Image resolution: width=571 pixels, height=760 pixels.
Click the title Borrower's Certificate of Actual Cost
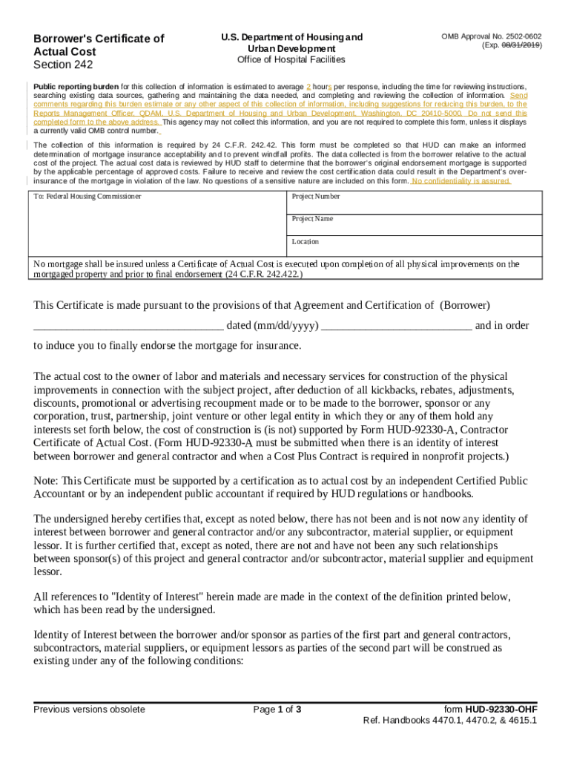98,45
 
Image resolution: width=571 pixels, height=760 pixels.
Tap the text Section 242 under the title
63,65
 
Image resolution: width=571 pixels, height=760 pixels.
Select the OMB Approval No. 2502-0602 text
491,36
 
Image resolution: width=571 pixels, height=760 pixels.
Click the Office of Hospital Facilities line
291,59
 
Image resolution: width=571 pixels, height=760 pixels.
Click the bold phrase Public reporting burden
76,87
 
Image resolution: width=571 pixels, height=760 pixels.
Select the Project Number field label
316,197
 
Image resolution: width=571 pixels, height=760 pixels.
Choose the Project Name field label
312,219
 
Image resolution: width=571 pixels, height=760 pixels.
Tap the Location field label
306,241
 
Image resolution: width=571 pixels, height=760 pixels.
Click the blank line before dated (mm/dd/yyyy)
128,326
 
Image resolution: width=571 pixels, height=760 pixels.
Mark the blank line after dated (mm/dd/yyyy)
397,326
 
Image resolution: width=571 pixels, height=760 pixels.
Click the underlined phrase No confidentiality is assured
461,180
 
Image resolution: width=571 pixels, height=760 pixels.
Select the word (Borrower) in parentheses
465,305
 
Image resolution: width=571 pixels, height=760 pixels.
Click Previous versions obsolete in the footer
89,710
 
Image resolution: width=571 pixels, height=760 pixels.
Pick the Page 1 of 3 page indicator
277,710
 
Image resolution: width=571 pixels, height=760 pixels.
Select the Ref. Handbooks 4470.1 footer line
450,721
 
